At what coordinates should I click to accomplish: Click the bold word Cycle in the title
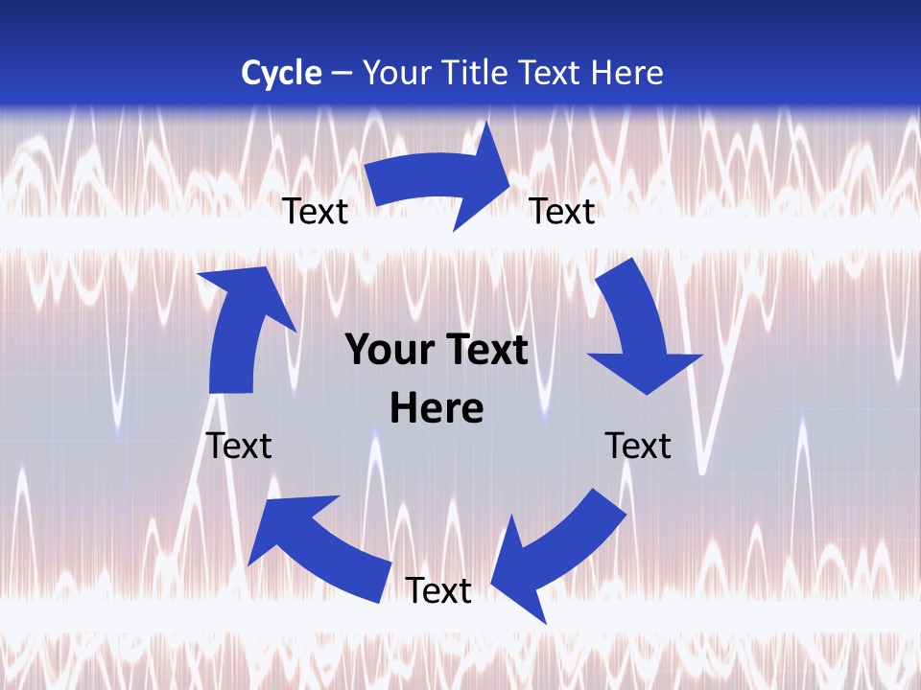(281, 73)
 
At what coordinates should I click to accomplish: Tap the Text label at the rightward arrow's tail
(315, 211)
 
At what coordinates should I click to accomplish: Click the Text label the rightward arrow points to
(562, 211)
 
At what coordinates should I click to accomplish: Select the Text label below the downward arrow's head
(638, 446)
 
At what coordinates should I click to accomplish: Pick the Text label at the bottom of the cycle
(437, 590)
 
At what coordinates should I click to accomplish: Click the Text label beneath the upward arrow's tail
(239, 446)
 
